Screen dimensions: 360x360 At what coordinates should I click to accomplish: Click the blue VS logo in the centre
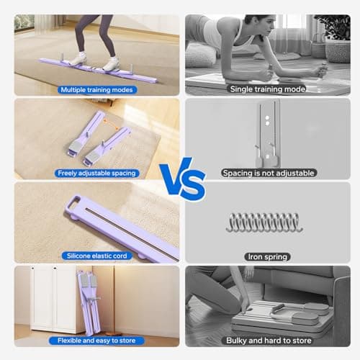click(182, 179)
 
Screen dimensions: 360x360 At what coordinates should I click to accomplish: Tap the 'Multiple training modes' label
click(96, 90)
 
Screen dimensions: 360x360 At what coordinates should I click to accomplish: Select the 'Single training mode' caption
click(268, 89)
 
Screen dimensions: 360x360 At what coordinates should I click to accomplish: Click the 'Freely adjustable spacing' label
click(96, 173)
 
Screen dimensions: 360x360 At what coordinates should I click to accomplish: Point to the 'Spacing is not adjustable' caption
click(269, 173)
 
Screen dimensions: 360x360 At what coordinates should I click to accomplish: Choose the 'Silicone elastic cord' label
click(97, 256)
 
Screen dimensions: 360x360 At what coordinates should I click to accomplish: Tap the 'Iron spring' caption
click(268, 257)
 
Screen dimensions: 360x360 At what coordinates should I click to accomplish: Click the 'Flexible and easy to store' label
click(96, 341)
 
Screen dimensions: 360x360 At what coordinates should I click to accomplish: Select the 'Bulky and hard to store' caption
click(269, 341)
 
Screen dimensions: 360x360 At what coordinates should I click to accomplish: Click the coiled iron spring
click(264, 222)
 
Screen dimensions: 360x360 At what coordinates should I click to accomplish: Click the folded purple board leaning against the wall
click(89, 302)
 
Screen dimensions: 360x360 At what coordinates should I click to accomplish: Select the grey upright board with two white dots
click(269, 134)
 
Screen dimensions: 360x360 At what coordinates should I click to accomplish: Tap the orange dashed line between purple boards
click(111, 125)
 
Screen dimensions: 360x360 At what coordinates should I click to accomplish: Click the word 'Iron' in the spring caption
click(255, 257)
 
